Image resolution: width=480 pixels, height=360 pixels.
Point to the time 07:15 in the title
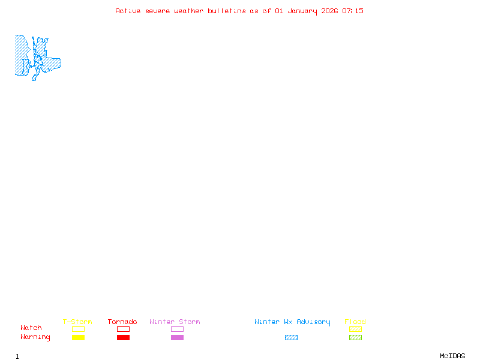point(353,11)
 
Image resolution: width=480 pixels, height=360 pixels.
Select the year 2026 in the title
point(329,11)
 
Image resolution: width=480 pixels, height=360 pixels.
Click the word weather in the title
point(189,11)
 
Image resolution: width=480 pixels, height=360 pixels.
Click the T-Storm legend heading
point(77,322)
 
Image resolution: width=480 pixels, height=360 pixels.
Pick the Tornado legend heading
point(122,322)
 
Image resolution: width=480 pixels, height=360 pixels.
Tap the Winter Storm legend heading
point(175,322)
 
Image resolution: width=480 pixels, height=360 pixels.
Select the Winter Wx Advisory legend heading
point(292,322)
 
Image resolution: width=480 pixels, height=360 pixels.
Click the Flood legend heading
point(355,322)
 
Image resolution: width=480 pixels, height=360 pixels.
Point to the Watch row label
point(31,328)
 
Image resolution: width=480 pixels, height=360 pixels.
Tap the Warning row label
point(35,337)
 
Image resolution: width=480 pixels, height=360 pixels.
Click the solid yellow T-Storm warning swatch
point(78,338)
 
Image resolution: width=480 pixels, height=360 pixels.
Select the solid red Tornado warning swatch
point(123,338)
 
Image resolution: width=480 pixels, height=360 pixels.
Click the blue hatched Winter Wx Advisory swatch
point(291,338)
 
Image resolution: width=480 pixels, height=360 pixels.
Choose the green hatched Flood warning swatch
point(355,338)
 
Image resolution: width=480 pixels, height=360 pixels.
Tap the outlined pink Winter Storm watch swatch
point(177,329)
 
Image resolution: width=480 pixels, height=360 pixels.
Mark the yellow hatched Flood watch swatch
point(355,329)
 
